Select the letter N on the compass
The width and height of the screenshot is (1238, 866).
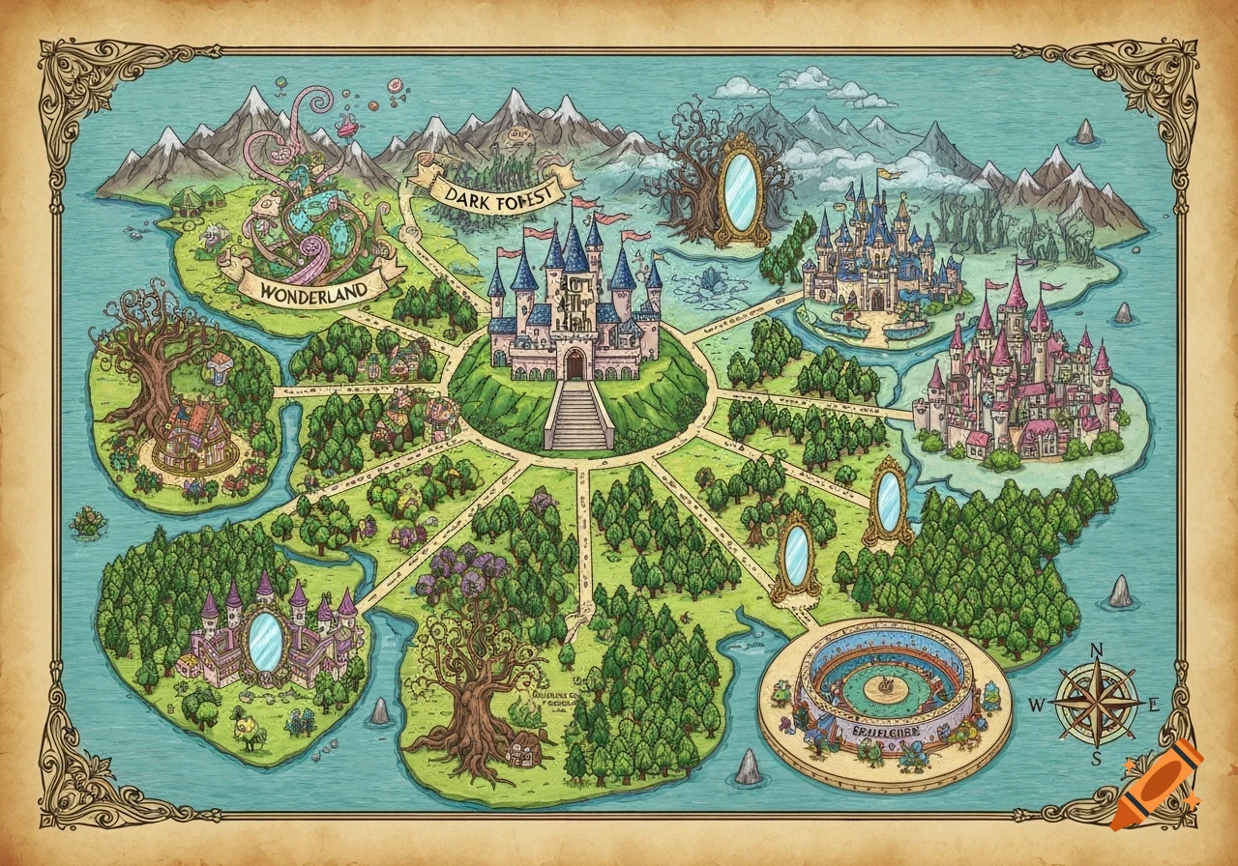pos(1097,650)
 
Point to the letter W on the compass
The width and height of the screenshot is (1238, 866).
pos(1036,706)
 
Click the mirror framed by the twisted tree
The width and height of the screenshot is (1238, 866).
pos(740,193)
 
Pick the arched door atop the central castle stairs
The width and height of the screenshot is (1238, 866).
pos(575,364)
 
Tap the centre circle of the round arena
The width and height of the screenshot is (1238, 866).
pos(884,686)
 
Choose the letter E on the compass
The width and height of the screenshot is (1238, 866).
pos(1153,706)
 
